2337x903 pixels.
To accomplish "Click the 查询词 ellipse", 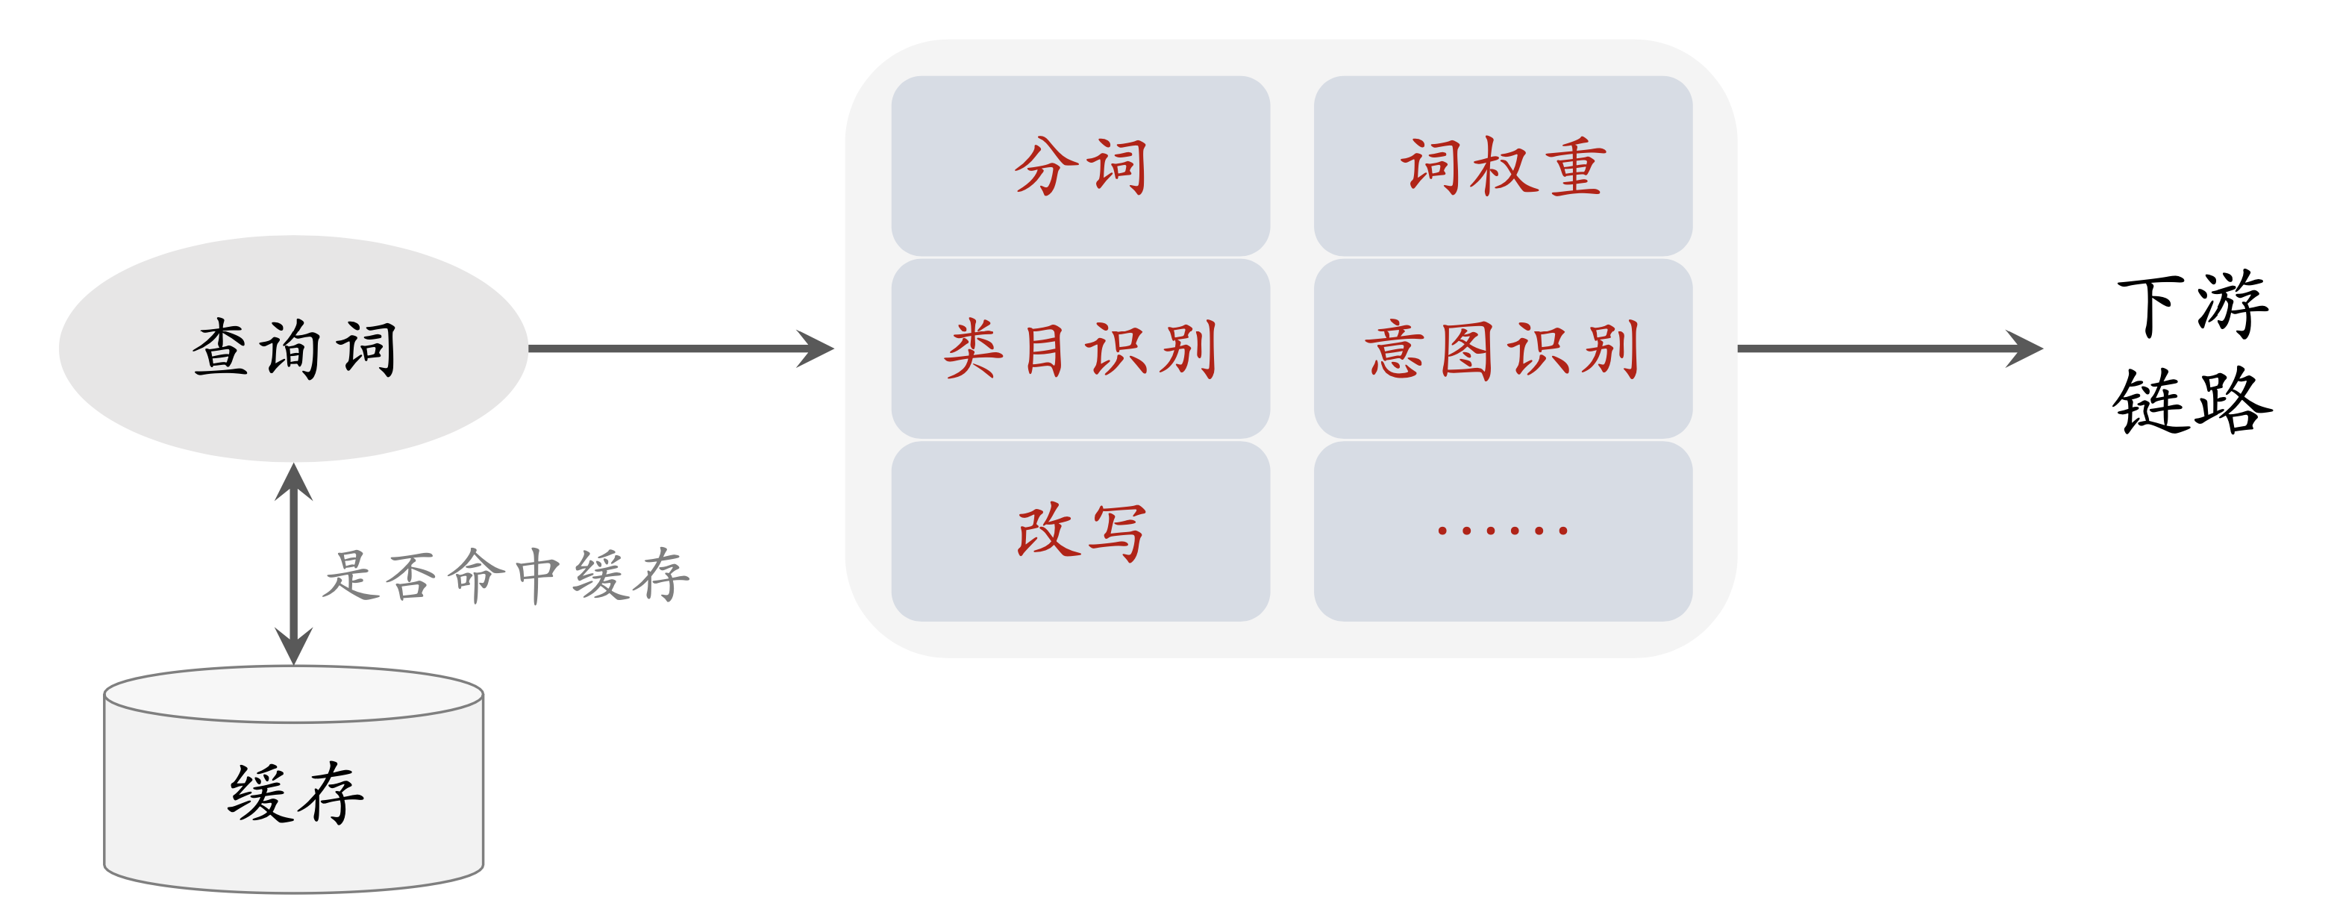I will [293, 349].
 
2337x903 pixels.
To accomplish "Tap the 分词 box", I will [1080, 166].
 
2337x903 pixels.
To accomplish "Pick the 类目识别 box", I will [1080, 349].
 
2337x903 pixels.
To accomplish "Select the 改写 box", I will [1080, 532].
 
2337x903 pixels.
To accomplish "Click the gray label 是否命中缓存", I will [506, 575].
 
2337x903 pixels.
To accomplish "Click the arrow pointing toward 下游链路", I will [1887, 349].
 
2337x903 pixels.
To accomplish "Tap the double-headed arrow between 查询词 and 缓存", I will [294, 563].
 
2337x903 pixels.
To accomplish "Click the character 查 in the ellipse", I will [219, 349].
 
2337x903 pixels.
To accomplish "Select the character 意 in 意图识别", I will [1395, 349].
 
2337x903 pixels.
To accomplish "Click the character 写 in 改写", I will [1118, 533].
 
